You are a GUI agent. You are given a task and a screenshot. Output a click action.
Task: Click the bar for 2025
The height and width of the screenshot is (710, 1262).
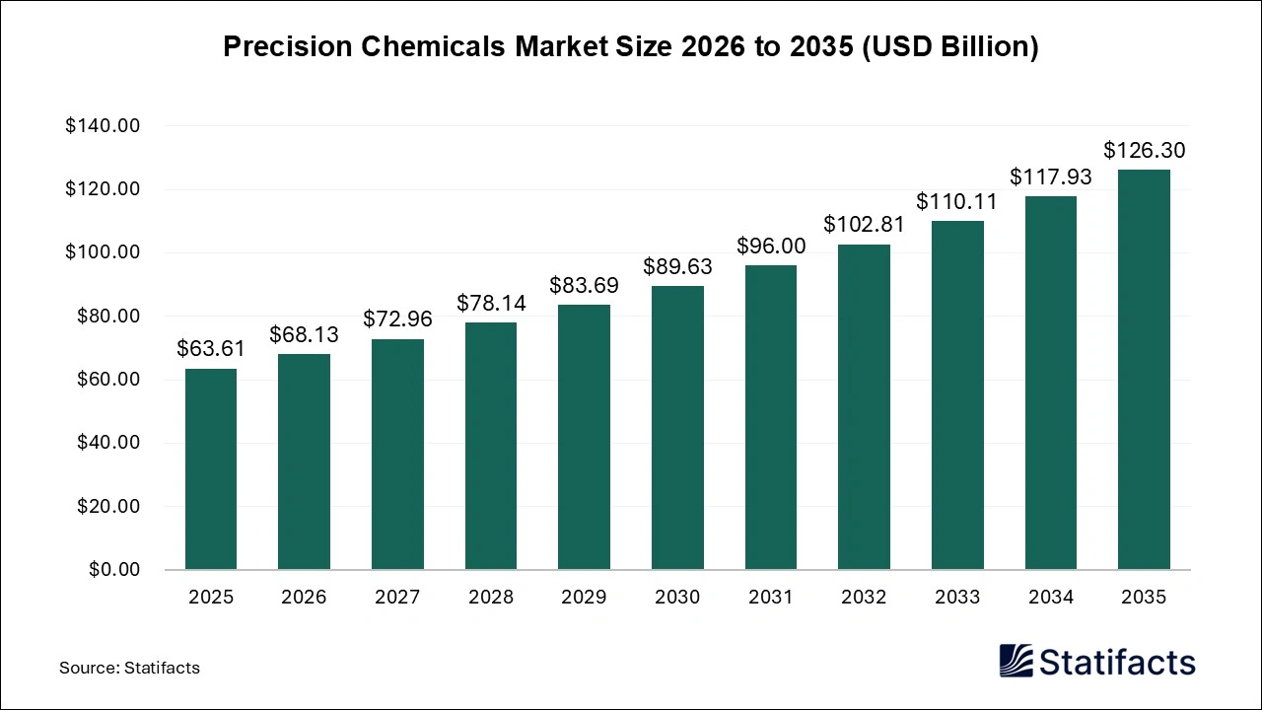click(210, 469)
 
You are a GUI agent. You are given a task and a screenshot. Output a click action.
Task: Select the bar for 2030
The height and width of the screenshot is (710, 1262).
click(677, 428)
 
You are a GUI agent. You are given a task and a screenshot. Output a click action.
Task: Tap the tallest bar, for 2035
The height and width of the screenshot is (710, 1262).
click(1144, 370)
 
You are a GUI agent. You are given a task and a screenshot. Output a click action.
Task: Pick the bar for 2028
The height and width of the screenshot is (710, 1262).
click(491, 446)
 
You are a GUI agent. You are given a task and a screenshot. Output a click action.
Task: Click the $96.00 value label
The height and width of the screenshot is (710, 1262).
click(771, 246)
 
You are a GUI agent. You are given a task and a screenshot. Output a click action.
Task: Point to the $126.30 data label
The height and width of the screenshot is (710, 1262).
click(1144, 151)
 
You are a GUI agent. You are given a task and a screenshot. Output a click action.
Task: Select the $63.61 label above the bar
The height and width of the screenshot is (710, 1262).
click(210, 348)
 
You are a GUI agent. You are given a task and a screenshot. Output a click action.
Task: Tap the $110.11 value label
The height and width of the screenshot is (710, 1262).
click(957, 201)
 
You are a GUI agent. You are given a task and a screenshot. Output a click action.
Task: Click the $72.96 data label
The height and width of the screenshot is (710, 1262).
click(397, 319)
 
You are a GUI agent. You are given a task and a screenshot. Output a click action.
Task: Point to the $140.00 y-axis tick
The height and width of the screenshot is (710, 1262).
click(103, 126)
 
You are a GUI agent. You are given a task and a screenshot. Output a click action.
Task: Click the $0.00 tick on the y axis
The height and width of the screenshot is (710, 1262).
click(116, 570)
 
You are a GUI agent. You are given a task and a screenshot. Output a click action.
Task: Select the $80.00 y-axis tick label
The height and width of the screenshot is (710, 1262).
click(107, 317)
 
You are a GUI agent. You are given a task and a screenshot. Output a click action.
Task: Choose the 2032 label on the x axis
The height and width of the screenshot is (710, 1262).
click(864, 597)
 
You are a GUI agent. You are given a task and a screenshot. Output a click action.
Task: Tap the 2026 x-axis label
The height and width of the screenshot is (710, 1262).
click(304, 597)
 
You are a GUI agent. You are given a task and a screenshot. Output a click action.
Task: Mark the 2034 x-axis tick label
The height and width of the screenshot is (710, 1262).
click(1051, 597)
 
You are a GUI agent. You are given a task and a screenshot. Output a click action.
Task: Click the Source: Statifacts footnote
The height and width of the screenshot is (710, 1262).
click(129, 668)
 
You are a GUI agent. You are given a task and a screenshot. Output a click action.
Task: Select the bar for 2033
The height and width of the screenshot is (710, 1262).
click(957, 394)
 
